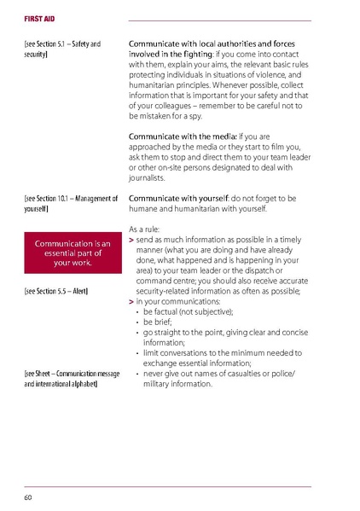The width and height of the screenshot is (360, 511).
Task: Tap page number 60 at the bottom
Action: pyautogui.click(x=28, y=496)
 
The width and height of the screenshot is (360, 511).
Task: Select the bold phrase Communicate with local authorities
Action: pyautogui.click(x=205, y=42)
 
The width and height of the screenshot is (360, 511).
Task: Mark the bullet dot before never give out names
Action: pyautogui.click(x=137, y=374)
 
